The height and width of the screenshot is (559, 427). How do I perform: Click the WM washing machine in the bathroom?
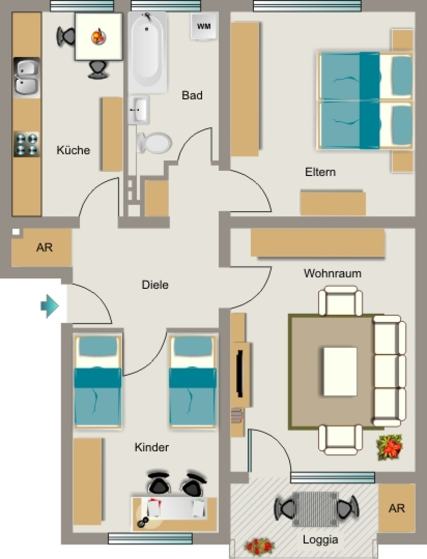pos(204,26)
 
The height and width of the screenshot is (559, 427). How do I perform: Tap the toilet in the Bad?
pos(154,143)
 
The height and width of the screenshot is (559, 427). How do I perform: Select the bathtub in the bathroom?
pos(148,52)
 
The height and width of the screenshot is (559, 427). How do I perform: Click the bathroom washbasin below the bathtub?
pos(138,109)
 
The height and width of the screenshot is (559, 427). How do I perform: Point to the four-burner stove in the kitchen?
pos(26,144)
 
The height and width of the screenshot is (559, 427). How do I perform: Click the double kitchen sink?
pos(26,78)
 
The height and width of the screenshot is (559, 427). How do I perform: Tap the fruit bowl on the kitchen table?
pos(98,37)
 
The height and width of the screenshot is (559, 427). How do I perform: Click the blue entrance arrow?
pos(50,306)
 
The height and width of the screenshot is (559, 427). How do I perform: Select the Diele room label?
pos(155,285)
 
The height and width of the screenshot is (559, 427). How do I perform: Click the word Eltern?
pos(320,172)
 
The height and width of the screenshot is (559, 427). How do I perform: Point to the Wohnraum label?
pos(332,273)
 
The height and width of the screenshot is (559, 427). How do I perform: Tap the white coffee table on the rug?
pos(340,371)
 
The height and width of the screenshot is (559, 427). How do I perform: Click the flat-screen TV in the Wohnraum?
pos(240,373)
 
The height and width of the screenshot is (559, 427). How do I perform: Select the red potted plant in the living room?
pos(389,447)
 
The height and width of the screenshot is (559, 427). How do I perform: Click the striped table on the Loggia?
pos(315,509)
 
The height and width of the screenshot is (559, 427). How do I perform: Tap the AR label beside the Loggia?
pos(396,508)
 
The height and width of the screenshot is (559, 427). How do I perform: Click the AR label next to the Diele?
pos(44,247)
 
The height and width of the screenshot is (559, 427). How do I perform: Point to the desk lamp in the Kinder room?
pos(143,522)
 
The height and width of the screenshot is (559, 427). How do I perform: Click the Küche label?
pos(73,150)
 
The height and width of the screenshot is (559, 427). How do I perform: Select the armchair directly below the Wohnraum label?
pos(340,301)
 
